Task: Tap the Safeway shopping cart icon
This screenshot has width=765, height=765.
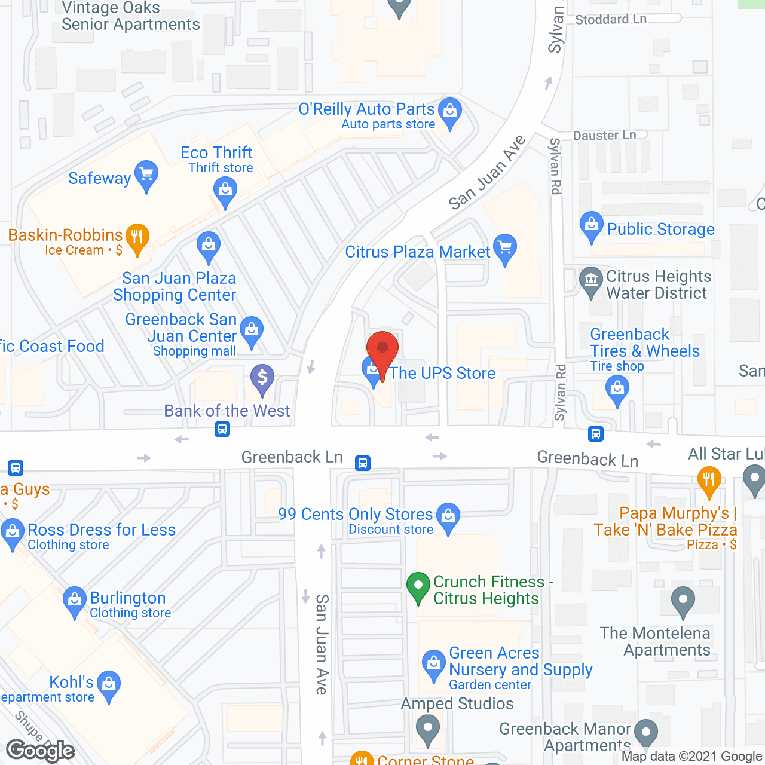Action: coord(146,175)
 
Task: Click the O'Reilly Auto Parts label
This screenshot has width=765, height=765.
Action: coord(366,109)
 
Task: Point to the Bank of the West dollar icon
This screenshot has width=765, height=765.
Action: coord(262,378)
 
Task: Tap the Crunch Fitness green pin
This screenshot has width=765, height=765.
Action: coord(418,586)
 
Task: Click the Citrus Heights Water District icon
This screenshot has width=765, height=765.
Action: coord(591,280)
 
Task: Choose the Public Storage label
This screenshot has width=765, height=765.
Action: coord(660,229)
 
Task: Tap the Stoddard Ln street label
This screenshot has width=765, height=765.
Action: coord(610,19)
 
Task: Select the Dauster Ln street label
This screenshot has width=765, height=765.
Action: coord(604,136)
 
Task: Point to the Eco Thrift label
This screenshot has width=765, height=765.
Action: coord(216,153)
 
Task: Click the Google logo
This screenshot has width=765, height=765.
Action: coord(41,751)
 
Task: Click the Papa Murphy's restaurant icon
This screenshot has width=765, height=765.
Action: coord(709,481)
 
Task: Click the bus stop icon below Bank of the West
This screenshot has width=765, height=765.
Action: coord(222,429)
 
